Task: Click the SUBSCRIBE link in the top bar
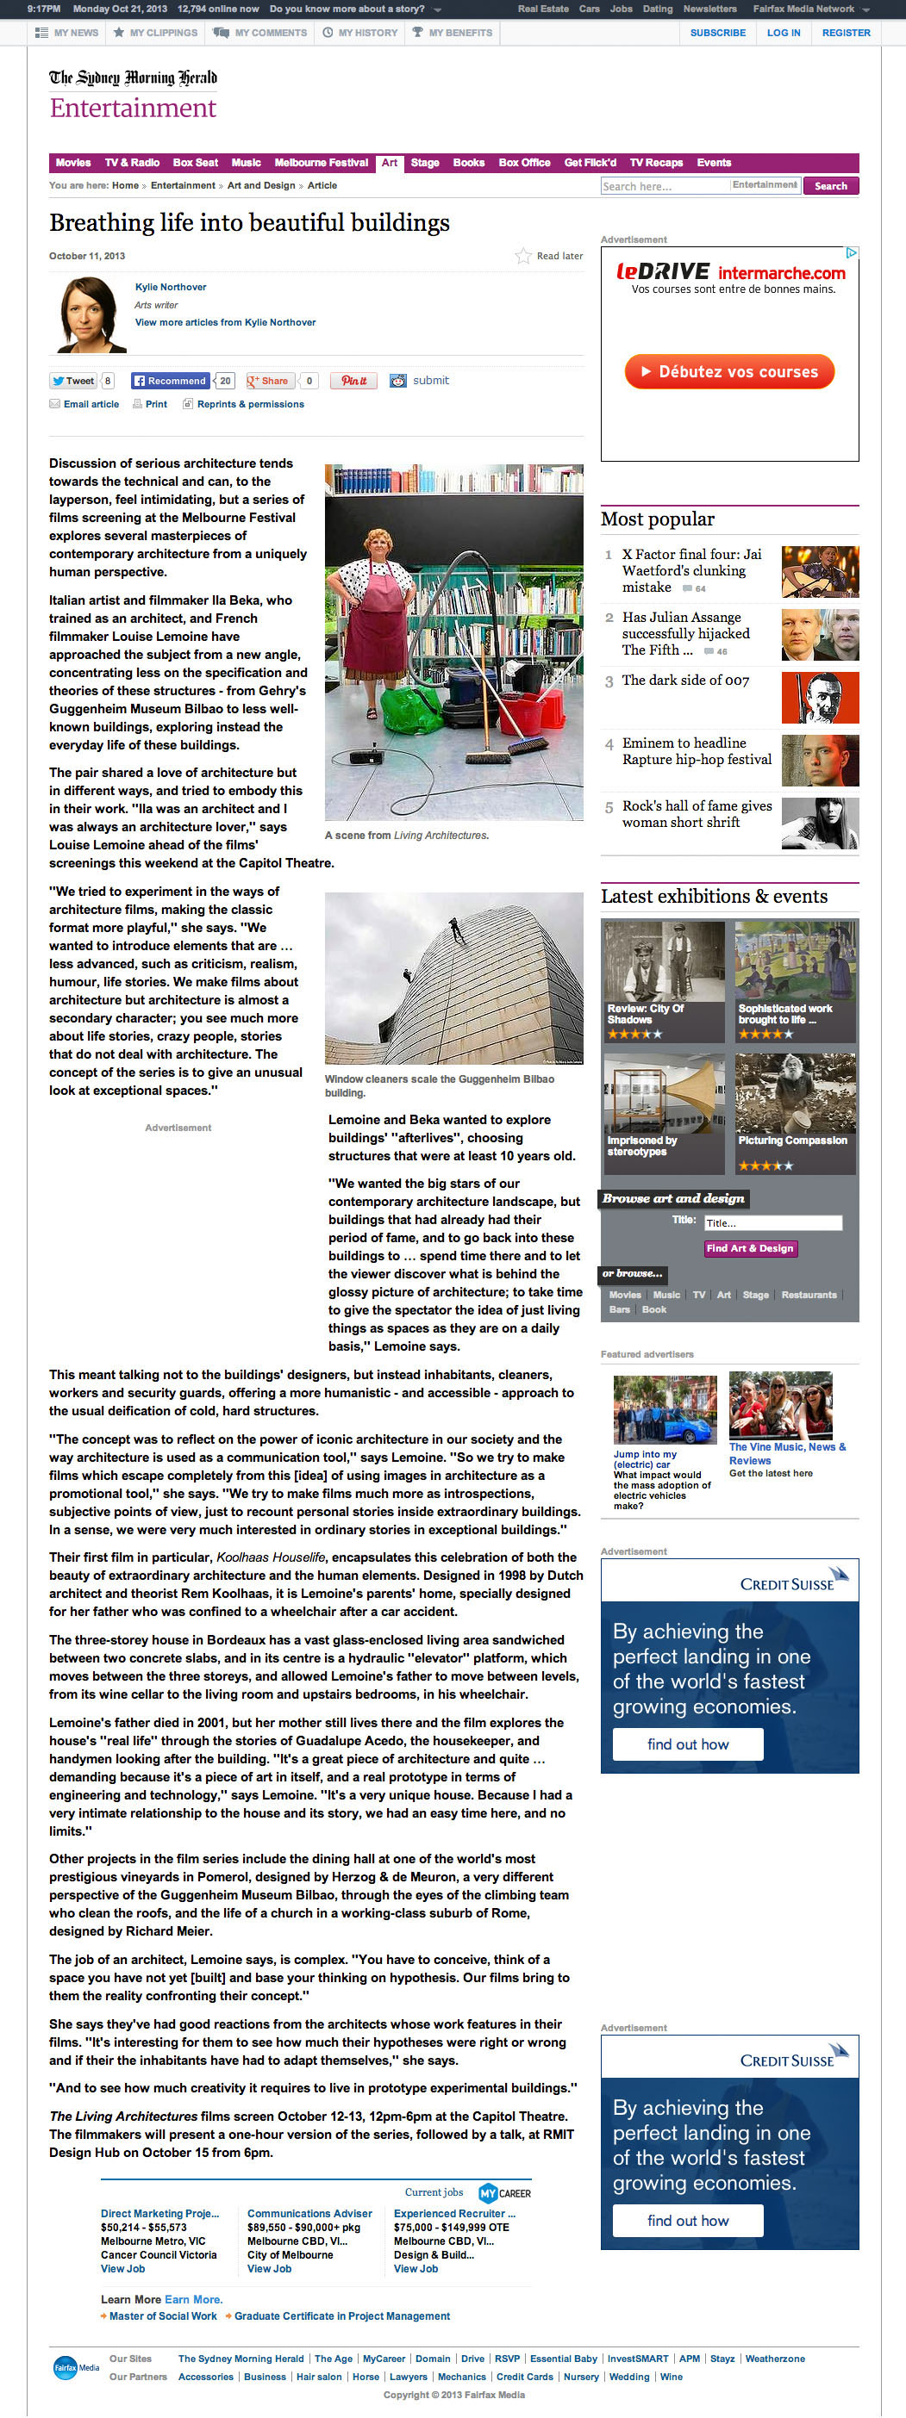[717, 33]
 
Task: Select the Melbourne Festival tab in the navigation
[321, 163]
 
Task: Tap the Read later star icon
[523, 256]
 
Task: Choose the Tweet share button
[73, 381]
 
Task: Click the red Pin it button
[353, 381]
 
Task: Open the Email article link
[91, 405]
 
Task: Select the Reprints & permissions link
[250, 405]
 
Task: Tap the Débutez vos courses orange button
[729, 372]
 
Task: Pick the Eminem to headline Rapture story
[697, 751]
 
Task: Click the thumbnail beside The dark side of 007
[820, 698]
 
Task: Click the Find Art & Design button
[750, 1248]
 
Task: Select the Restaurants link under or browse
[809, 1296]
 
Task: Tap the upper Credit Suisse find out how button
[687, 1744]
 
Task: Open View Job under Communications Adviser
[270, 2269]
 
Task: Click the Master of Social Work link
[162, 2316]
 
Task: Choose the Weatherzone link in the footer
[775, 2359]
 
